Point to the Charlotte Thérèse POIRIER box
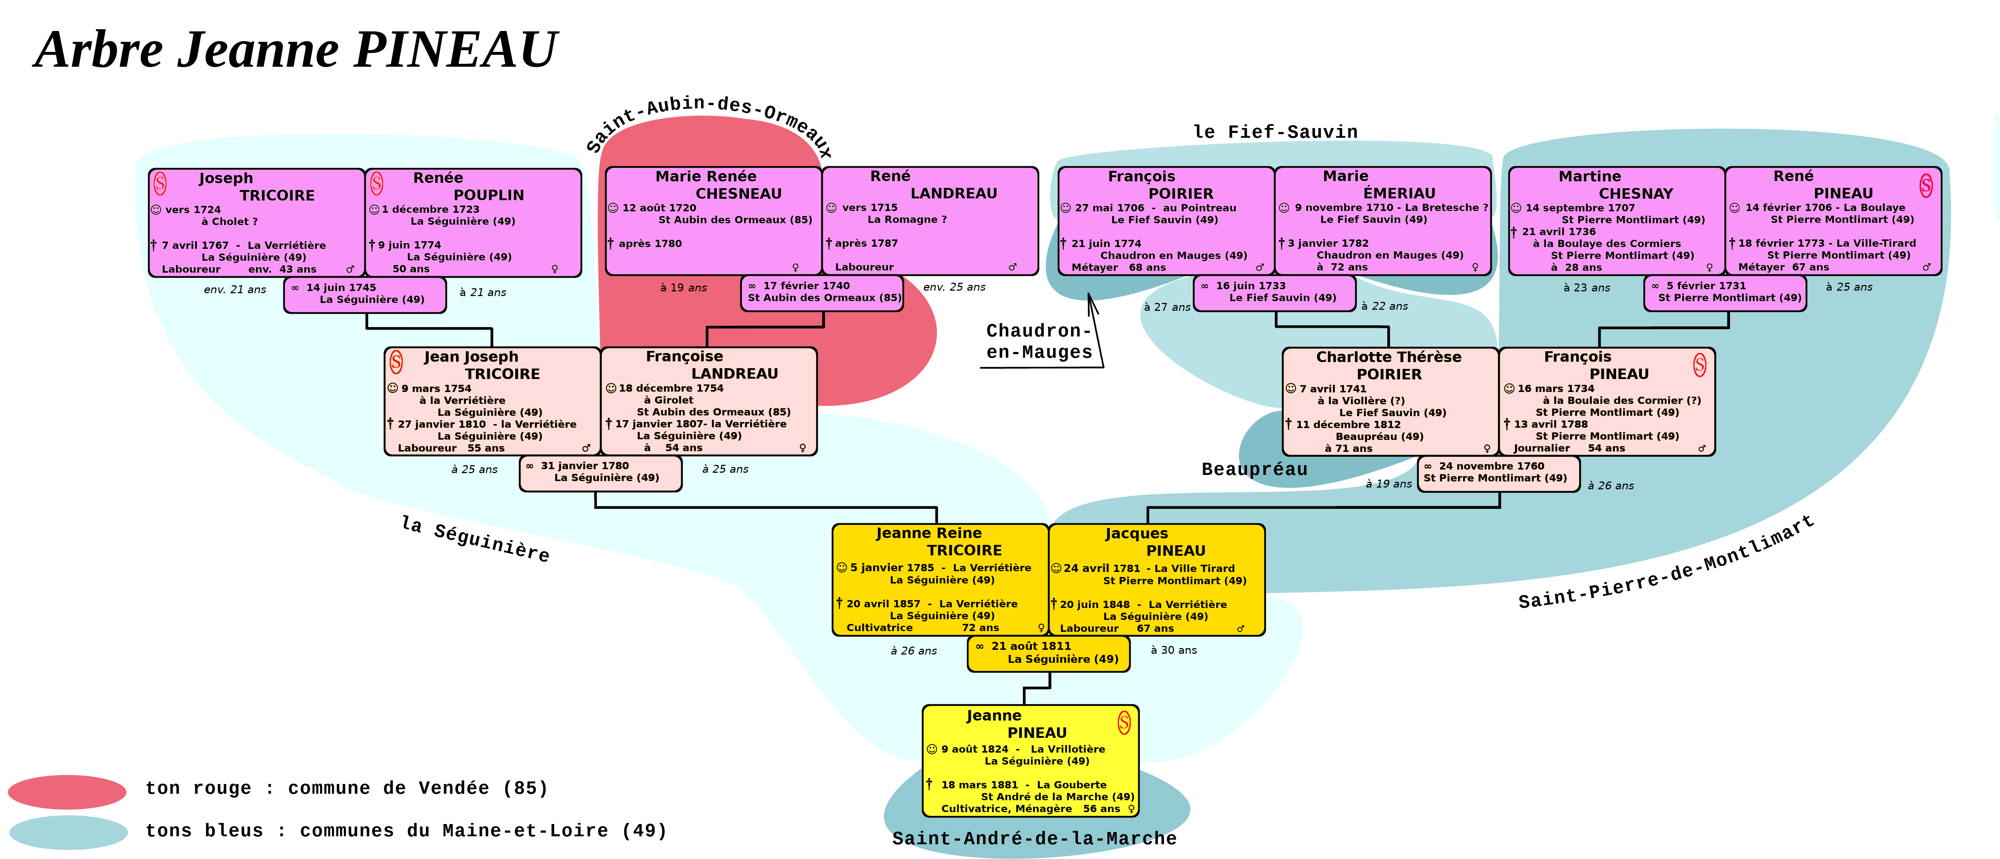(x=1390, y=401)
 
